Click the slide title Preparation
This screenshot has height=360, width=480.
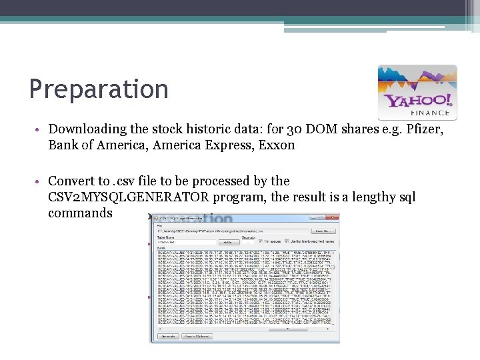tap(99, 89)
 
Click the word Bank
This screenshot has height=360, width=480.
tap(64, 145)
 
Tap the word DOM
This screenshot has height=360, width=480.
tap(303, 129)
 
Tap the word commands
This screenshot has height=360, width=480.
tap(80, 213)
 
